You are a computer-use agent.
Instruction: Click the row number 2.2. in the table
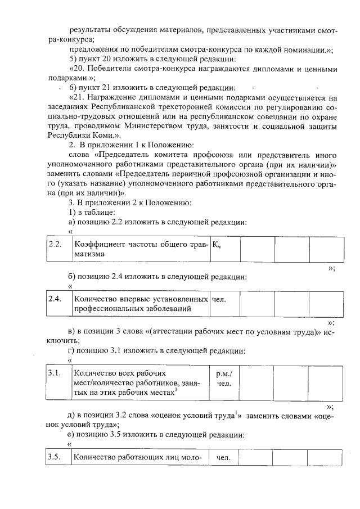tap(55, 244)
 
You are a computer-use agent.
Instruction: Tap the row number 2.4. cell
tap(55, 299)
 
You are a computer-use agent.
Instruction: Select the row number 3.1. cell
tap(55, 373)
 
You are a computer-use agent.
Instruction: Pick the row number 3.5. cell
tap(55, 457)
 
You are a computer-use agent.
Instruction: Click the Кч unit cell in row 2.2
tap(217, 244)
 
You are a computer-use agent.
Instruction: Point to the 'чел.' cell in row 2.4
tap(219, 299)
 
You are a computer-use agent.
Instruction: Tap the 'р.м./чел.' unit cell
tap(224, 379)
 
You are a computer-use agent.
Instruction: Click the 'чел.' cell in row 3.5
tap(224, 457)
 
